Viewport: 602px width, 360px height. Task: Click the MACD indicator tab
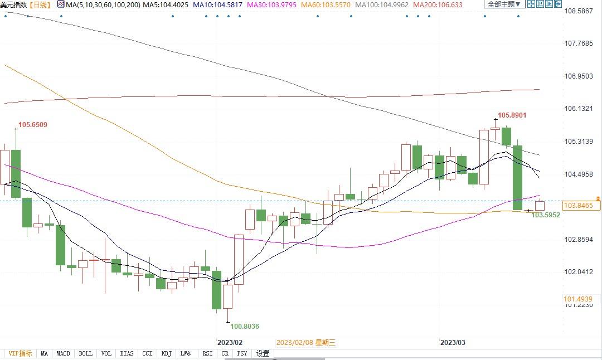pos(64,353)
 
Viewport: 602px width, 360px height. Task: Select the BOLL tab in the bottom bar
pos(85,353)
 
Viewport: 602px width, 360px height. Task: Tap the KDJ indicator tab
pos(166,353)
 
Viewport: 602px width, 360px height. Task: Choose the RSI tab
pos(207,353)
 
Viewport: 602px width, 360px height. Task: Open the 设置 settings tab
pos(263,353)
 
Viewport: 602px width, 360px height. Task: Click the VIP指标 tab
pos(20,353)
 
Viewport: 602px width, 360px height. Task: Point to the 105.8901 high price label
pos(512,115)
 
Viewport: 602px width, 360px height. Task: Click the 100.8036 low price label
pos(245,327)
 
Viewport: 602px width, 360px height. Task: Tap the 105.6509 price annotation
pos(33,125)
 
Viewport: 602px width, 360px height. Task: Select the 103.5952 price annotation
pos(546,215)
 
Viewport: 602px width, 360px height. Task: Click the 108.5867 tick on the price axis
pos(578,11)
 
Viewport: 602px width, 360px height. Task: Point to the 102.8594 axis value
pos(578,240)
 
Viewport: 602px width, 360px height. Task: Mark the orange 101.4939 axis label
pos(578,299)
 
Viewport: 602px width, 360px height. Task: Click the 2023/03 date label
pos(453,342)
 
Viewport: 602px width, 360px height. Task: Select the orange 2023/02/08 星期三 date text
pos(306,343)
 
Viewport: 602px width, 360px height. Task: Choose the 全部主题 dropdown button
pos(504,4)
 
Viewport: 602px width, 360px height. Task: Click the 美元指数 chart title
pos(13,4)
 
